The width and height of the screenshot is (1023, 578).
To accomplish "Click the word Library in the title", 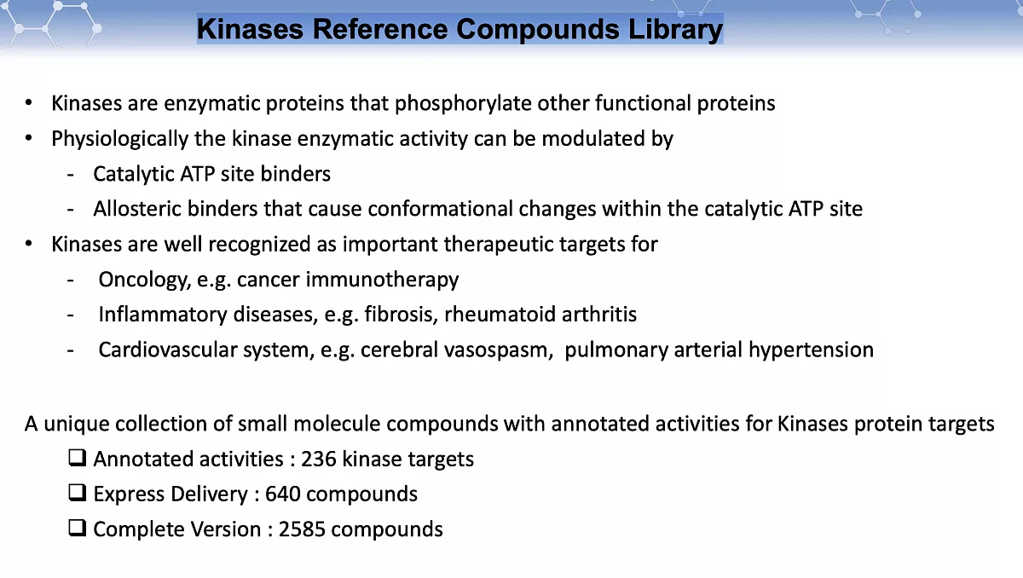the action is point(675,30).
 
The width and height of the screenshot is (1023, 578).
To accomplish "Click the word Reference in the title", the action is point(380,29).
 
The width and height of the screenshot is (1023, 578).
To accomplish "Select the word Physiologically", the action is point(119,139).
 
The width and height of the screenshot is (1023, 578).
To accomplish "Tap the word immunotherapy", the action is point(382,280).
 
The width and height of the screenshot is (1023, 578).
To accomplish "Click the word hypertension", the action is point(811,350).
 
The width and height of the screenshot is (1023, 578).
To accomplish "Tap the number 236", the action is point(318,459).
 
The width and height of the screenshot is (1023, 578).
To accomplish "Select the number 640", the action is point(282,494).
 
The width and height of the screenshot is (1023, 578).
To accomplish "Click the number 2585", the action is point(302,529).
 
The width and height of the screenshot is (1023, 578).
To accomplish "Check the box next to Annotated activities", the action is point(78,458).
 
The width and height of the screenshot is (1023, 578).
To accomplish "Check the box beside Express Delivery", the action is point(78,493).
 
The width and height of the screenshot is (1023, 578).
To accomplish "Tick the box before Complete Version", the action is point(78,528).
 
